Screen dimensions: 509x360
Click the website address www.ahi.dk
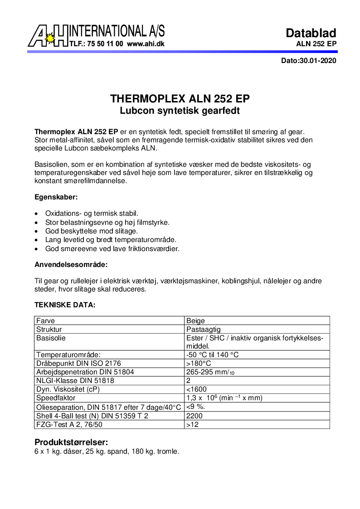(146, 44)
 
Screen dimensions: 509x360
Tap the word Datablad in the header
(311, 33)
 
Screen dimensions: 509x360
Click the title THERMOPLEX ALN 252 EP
(180, 99)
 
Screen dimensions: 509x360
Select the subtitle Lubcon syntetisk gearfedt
(180, 111)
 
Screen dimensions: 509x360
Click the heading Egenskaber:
(56, 197)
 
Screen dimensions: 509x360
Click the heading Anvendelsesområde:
(71, 264)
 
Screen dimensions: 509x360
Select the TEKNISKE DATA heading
(65, 305)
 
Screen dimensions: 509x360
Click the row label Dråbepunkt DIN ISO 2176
(78, 364)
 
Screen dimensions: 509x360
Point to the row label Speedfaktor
(56, 398)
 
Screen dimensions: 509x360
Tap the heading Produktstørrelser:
(72, 442)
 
